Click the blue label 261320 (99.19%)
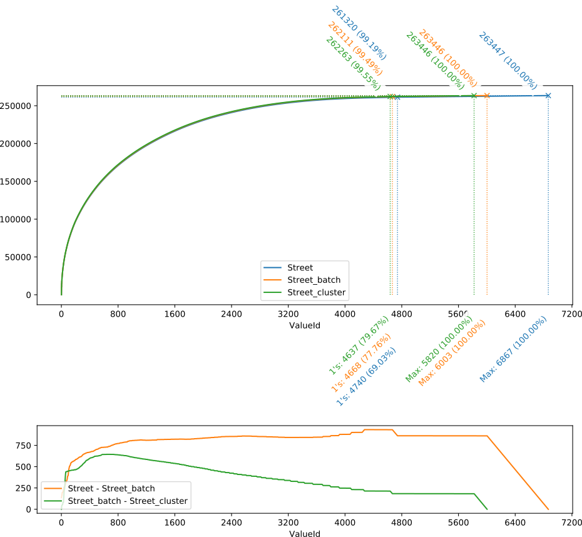point(359,34)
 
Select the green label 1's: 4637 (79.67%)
point(359,346)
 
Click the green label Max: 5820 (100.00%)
point(439,348)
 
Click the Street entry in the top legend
point(300,268)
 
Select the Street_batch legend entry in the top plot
point(314,280)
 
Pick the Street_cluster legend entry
point(316,292)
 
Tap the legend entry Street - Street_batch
point(111,489)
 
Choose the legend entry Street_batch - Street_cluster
point(127,501)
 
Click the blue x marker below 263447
point(548,95)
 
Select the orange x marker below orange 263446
point(487,95)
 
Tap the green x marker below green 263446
point(474,95)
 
